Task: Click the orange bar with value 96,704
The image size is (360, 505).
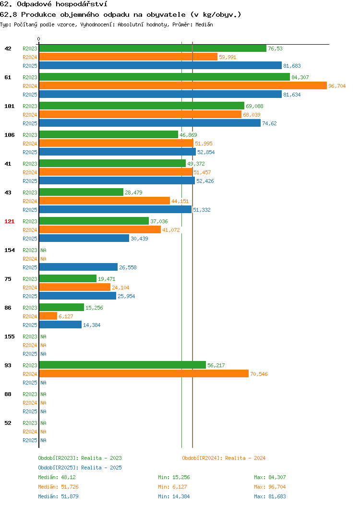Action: pos(183,85)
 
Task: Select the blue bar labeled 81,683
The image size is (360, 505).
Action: pos(160,65)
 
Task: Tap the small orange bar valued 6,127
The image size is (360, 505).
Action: pos(48,316)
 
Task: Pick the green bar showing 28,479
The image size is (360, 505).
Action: pos(81,192)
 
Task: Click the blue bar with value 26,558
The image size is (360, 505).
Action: pos(78,267)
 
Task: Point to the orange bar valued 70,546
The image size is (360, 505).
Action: pos(144,373)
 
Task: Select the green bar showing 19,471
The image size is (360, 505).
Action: pos(68,278)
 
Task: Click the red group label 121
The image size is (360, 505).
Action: pos(9,221)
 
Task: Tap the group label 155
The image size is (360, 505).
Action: pos(9,337)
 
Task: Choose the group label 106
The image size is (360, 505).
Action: pos(9,135)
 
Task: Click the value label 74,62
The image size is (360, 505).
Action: pos(269,123)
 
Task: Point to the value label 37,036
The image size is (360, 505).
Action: pos(159,221)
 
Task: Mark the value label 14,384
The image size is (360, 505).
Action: pos(92,325)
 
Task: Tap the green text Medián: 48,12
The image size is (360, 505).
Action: pos(57,477)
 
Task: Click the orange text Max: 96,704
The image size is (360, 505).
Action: pos(270,487)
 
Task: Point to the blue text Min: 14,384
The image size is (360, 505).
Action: pos(174,497)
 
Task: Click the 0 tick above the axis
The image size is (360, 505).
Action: pos(39,39)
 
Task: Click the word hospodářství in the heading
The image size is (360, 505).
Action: pos(82,4)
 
